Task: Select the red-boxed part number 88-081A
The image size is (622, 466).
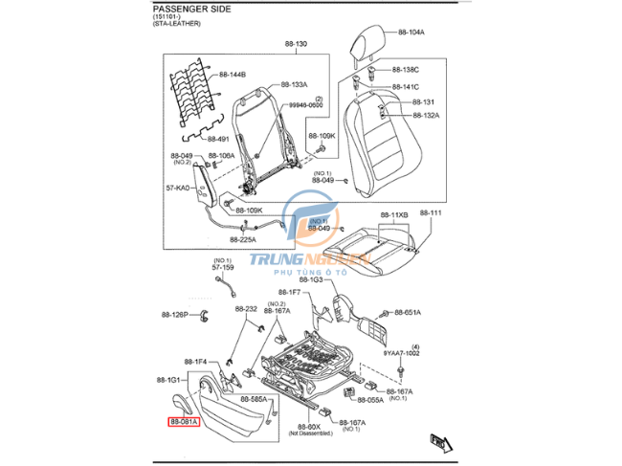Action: pyautogui.click(x=184, y=421)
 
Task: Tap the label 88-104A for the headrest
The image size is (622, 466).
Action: pyautogui.click(x=409, y=32)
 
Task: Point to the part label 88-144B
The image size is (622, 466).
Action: pyautogui.click(x=232, y=74)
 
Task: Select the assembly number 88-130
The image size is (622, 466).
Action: pyautogui.click(x=295, y=45)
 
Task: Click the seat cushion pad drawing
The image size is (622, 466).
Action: pyautogui.click(x=378, y=244)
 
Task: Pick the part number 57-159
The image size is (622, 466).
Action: pyautogui.click(x=222, y=268)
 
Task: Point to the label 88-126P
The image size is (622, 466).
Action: pyautogui.click(x=176, y=314)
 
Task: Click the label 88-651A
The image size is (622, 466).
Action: pyautogui.click(x=405, y=313)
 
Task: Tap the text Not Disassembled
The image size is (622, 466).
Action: pyautogui.click(x=317, y=433)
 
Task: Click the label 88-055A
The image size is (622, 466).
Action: pyautogui.click(x=367, y=399)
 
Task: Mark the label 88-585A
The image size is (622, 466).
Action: pyautogui.click(x=254, y=398)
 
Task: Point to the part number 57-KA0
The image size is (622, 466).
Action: pyautogui.click(x=179, y=189)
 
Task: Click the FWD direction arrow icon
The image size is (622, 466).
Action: pyautogui.click(x=441, y=441)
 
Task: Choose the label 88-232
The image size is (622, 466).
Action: pyautogui.click(x=246, y=309)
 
